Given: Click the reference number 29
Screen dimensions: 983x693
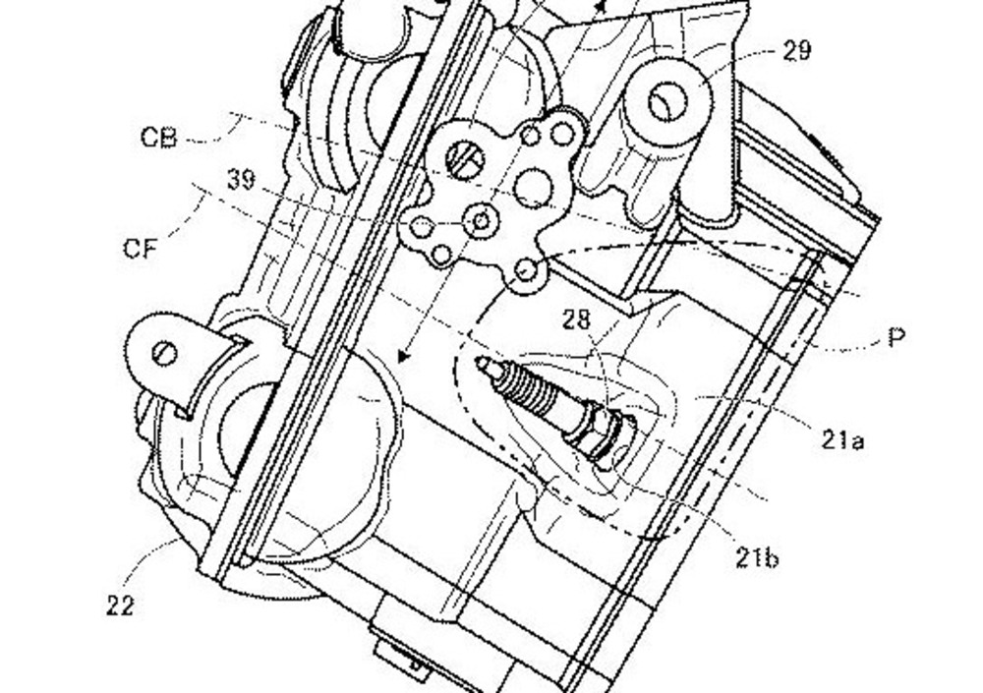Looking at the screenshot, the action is (x=797, y=50).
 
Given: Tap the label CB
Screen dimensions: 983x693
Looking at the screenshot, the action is (x=158, y=138).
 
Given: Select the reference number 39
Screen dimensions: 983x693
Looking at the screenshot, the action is (x=242, y=180).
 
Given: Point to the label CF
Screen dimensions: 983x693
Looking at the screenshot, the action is (x=140, y=249).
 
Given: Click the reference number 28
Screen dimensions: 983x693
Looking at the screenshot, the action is (x=576, y=319).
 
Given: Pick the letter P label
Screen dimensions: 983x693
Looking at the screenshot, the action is (x=897, y=338).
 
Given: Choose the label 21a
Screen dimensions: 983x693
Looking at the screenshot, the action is (x=842, y=440).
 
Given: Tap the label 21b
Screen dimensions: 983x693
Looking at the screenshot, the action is (x=757, y=557).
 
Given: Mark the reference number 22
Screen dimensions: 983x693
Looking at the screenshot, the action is (x=120, y=606).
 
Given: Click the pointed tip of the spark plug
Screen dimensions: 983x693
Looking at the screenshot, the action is (x=479, y=361).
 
